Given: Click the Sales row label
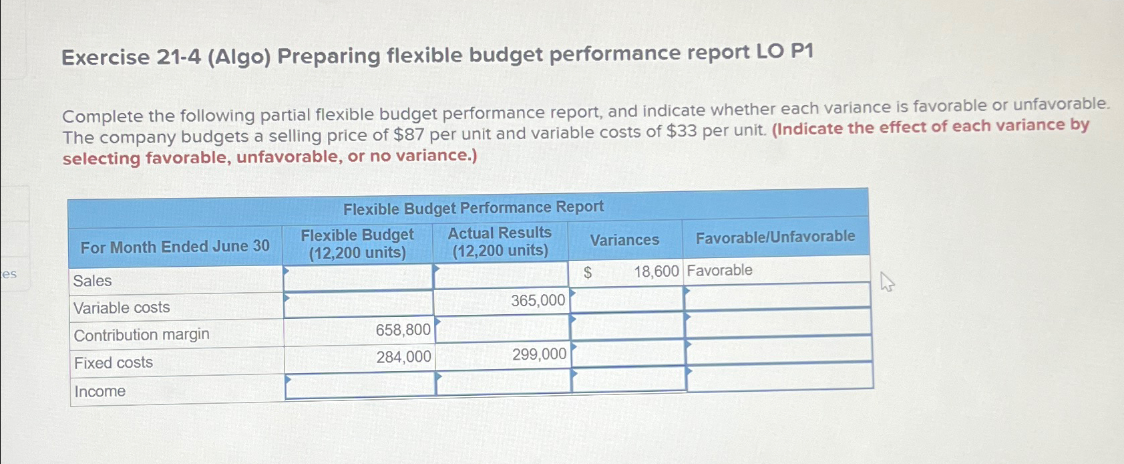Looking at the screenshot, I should [x=93, y=281].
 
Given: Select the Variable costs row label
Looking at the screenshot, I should [x=122, y=308].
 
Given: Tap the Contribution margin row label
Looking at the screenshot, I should [x=142, y=335].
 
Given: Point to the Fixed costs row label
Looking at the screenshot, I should [x=114, y=363].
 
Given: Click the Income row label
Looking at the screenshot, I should [x=100, y=391].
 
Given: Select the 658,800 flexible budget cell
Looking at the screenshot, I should [x=403, y=330].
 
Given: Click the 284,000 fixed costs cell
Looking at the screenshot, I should [x=403, y=357].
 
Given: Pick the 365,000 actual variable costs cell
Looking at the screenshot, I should [x=538, y=301].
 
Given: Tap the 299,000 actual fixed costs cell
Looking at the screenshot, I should [x=539, y=354].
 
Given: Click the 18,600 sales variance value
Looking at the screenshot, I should [x=656, y=271].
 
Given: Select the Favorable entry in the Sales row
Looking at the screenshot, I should [x=719, y=270].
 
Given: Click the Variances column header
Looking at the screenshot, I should [x=624, y=240].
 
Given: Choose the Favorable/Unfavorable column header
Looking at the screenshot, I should [x=775, y=237].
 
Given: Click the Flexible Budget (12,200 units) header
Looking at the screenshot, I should [x=357, y=244].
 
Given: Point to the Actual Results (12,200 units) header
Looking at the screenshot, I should [x=500, y=241].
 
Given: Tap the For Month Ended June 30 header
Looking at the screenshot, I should [x=175, y=247].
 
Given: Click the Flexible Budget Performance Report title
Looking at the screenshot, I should [x=473, y=208].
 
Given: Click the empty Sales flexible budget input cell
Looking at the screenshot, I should [x=359, y=277].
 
